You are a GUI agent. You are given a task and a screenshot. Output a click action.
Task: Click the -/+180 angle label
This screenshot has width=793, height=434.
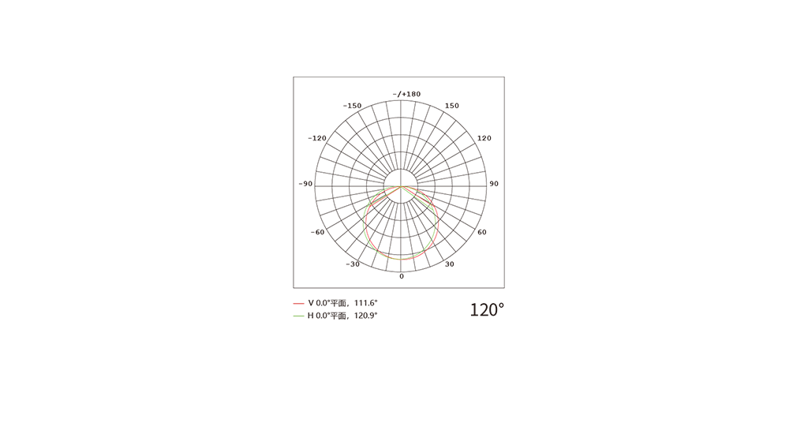pos(406,94)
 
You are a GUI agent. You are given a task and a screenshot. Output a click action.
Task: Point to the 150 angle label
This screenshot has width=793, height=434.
pos(451,106)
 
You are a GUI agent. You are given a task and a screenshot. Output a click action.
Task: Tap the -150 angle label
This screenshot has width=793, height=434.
pos(352,106)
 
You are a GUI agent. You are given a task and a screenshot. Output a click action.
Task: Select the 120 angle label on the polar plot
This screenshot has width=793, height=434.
pos(484,138)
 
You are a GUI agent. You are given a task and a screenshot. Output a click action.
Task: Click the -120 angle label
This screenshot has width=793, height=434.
pos(317,138)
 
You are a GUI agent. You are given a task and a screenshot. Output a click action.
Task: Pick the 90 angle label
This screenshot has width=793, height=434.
pos(494,184)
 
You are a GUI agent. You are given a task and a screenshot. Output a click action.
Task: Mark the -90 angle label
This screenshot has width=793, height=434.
pos(305,184)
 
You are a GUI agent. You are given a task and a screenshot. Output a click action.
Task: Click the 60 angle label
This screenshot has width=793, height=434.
pos(482,232)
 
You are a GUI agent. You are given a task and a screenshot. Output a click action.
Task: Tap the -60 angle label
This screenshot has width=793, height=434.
pos(317,232)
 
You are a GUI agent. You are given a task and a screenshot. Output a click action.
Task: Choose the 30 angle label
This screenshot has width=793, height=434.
pos(450,264)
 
